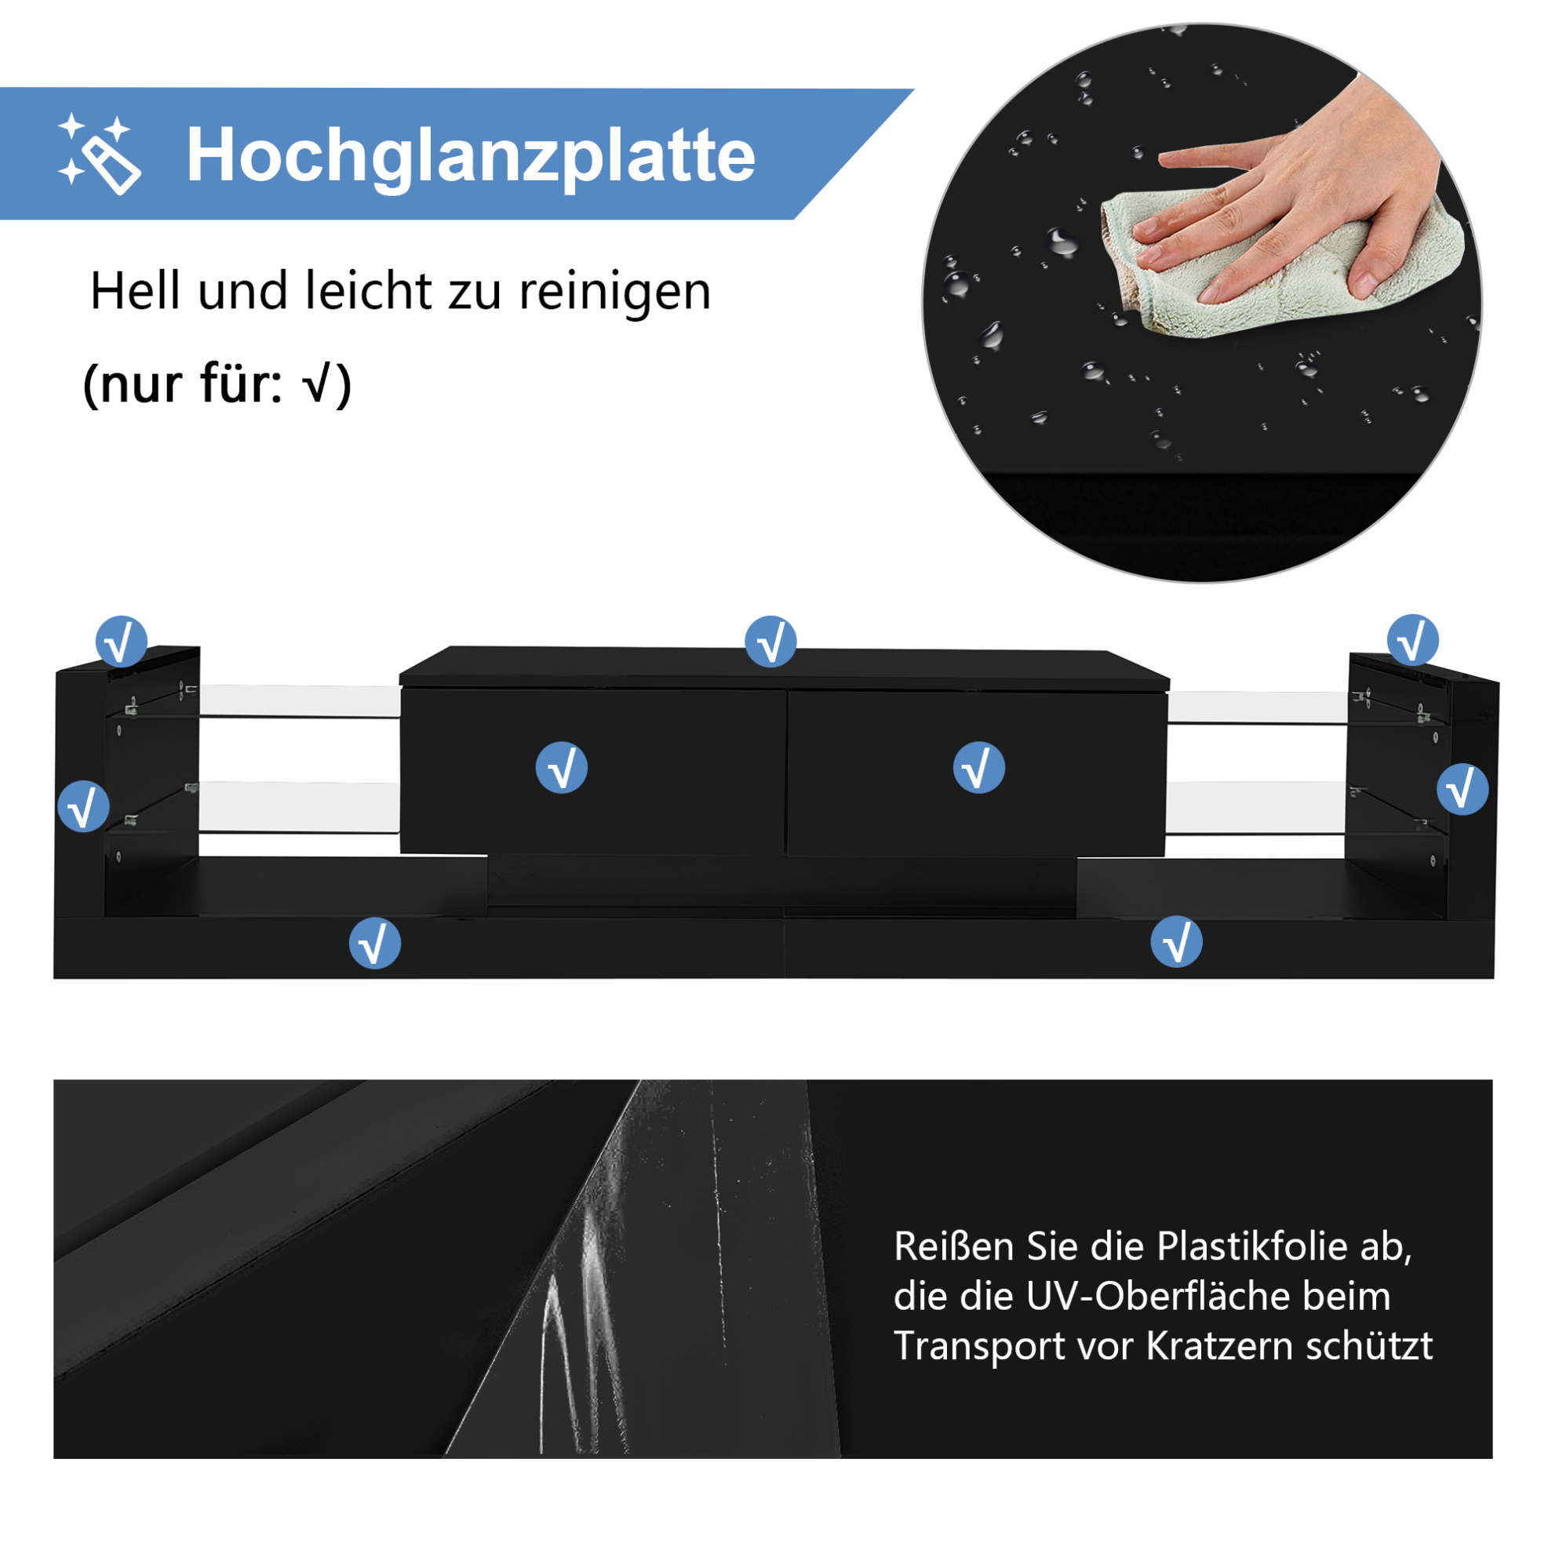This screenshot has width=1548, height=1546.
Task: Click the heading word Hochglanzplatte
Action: point(470,156)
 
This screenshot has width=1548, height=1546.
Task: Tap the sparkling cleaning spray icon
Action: point(99,153)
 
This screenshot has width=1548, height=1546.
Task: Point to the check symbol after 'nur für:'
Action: point(316,384)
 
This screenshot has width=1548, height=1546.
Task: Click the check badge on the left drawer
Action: point(562,767)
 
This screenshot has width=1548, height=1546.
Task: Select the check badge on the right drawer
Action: point(978,767)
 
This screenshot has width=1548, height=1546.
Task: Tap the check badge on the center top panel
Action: point(770,642)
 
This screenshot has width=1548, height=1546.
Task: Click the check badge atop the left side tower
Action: point(121,642)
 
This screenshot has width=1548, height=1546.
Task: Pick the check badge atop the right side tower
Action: point(1412,640)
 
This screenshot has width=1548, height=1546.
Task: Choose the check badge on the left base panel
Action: point(375,943)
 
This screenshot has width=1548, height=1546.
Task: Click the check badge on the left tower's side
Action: point(83,806)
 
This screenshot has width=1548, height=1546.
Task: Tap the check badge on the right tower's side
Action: point(1462,789)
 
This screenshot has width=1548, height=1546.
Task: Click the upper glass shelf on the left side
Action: point(299,702)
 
